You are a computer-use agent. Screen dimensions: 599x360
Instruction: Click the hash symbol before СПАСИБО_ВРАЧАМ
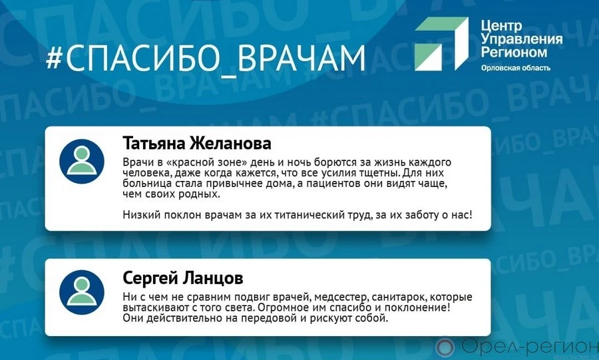(x=55, y=57)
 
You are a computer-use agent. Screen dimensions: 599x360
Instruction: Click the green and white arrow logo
(x=442, y=43)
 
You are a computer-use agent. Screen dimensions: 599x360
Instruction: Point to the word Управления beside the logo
(x=521, y=39)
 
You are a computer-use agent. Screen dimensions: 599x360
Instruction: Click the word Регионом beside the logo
(x=514, y=52)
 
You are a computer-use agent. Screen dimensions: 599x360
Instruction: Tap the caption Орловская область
(x=516, y=68)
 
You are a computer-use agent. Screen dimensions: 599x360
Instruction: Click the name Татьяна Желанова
(x=197, y=143)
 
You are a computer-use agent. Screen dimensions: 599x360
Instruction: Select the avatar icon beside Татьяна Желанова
(x=82, y=161)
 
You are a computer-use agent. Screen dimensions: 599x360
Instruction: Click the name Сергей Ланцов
(x=182, y=278)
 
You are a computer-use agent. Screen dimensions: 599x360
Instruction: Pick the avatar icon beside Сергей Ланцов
(x=82, y=292)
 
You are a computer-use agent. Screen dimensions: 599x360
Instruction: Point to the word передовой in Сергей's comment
(x=269, y=318)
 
